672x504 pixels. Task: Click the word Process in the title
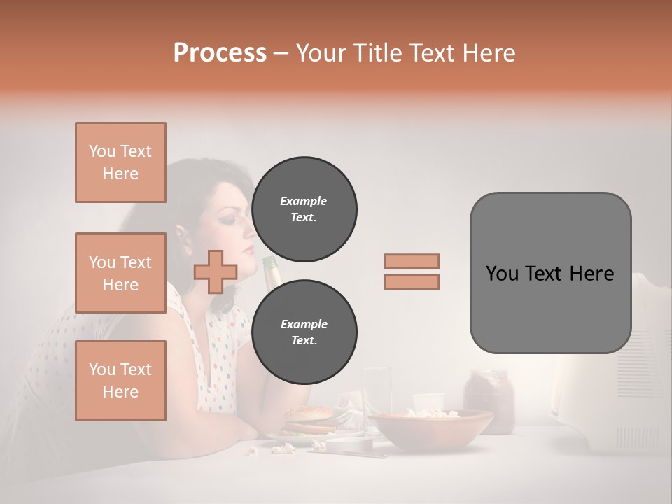coord(220,53)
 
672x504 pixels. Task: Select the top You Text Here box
coord(120,162)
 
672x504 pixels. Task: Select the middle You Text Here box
coord(120,273)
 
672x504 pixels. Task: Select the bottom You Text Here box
coord(120,380)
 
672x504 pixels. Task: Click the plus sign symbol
coord(216,272)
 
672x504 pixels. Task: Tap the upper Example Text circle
coord(304,209)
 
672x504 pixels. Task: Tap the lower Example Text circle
coord(304,332)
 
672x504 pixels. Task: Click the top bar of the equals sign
coord(412,261)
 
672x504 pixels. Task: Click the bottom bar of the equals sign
coord(412,281)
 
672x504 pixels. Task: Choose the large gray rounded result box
coord(550,273)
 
